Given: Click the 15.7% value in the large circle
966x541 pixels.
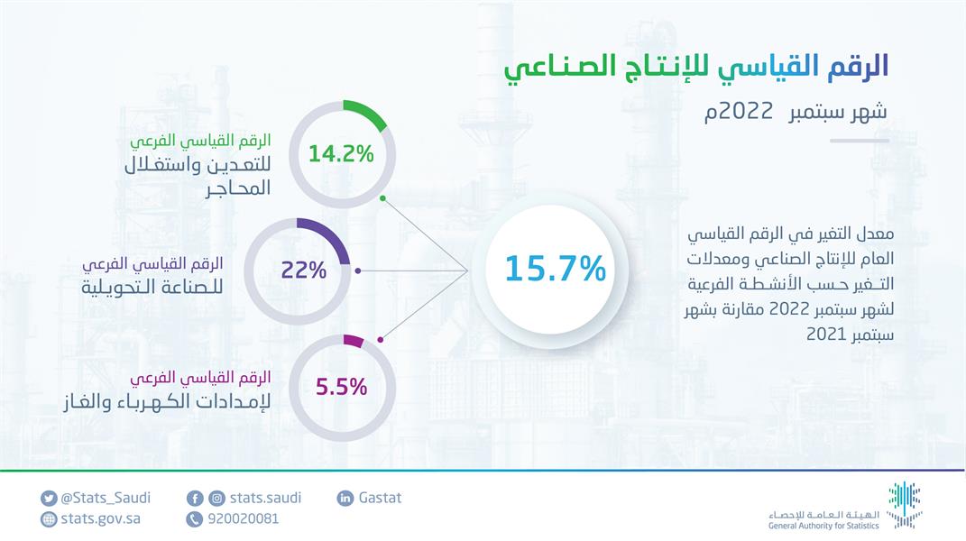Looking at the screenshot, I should (554, 269).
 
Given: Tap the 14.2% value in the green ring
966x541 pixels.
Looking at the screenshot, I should (340, 153).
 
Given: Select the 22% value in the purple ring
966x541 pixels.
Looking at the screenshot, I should (304, 270).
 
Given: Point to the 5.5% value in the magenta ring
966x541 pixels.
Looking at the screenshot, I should (341, 388).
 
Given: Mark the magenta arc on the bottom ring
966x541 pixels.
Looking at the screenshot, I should (354, 342).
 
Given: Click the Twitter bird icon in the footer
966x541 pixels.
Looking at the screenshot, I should (49, 499).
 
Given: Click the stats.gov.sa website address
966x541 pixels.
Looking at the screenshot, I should (100, 518).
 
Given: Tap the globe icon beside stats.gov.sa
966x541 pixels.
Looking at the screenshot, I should (49, 519).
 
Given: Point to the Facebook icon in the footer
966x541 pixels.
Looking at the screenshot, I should (195, 499).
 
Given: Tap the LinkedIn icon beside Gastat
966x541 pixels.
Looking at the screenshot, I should (345, 499).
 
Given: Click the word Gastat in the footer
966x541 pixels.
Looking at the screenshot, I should (380, 498).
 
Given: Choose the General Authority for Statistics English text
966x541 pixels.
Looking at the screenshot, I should (822, 524).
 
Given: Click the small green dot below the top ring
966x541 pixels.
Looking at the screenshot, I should (383, 197).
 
